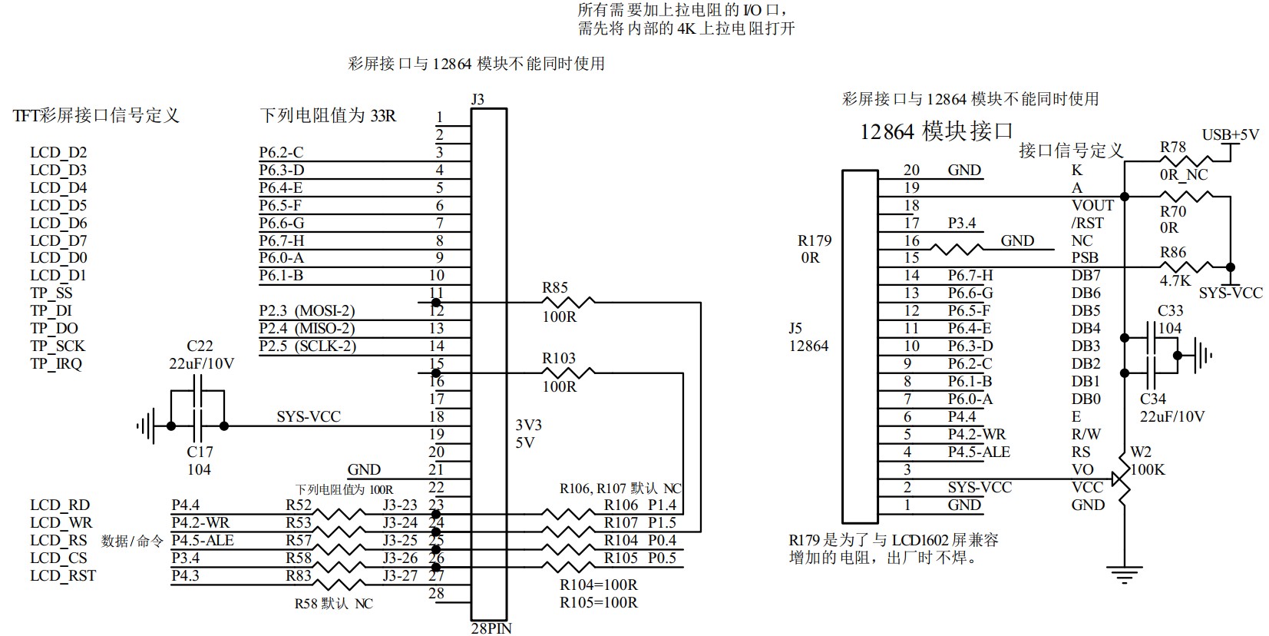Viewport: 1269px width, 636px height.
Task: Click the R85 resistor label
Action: point(555,288)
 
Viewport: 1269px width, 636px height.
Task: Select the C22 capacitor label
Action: point(200,346)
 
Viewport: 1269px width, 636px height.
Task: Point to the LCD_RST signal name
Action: point(63,576)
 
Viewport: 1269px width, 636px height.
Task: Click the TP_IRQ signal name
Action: point(56,364)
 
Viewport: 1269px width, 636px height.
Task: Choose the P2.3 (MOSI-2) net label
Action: point(307,311)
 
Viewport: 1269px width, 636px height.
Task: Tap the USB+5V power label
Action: point(1230,135)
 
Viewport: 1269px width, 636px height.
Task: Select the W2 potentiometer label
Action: point(1141,452)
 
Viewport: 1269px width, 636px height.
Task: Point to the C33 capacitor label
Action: point(1170,311)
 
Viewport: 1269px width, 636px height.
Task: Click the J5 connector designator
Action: point(795,328)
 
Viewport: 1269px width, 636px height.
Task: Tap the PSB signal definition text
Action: point(1085,258)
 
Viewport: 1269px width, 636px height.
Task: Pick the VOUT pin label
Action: point(1092,206)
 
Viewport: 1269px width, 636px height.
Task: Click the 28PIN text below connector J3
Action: point(491,628)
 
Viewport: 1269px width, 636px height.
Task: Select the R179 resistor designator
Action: point(815,241)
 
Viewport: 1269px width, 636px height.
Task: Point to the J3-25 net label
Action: point(400,541)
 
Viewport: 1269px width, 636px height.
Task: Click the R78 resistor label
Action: point(1172,147)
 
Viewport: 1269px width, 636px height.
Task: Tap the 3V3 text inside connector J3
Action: point(528,426)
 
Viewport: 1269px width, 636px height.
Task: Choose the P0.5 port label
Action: point(662,558)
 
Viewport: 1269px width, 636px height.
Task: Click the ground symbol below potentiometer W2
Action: point(1125,574)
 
